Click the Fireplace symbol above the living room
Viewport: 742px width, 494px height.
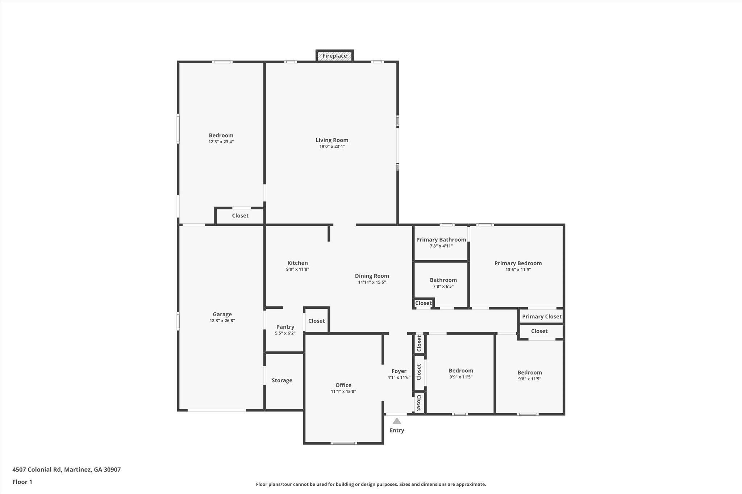[x=334, y=56]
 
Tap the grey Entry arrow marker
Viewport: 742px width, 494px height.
[x=397, y=421]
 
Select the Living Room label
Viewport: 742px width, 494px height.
[x=332, y=140]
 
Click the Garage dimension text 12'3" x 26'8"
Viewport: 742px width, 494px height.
[x=222, y=321]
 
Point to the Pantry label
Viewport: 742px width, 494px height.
[x=285, y=327]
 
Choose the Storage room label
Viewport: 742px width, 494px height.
[x=282, y=380]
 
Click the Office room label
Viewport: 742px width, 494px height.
[x=343, y=385]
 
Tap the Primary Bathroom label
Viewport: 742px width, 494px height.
[x=441, y=240]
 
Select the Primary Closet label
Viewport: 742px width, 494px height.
[x=542, y=317]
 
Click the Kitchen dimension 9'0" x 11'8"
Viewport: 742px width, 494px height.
[x=297, y=269]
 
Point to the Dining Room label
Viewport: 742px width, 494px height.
[x=372, y=276]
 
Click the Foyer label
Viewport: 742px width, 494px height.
[x=399, y=371]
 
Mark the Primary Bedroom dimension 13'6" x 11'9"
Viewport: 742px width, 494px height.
[x=518, y=270]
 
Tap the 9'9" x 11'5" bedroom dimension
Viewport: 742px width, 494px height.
[x=461, y=377]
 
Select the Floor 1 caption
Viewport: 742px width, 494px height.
[x=22, y=482]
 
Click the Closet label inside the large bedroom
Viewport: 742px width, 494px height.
[x=240, y=216]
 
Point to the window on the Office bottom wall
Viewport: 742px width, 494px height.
[x=343, y=443]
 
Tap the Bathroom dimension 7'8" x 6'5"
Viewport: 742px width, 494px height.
[x=443, y=286]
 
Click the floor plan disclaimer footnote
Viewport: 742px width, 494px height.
[x=371, y=484]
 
